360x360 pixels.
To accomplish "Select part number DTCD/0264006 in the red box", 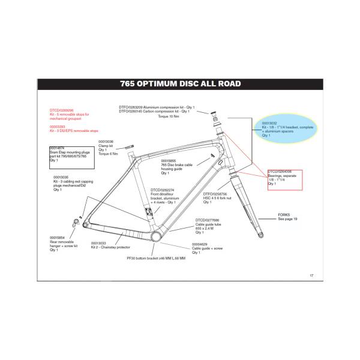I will [x=279, y=172].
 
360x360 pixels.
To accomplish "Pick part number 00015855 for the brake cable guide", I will [x=170, y=161].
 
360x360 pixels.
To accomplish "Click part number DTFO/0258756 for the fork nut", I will [x=215, y=194].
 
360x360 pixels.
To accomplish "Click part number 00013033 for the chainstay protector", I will [x=99, y=242].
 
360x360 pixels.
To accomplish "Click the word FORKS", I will [x=284, y=214].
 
